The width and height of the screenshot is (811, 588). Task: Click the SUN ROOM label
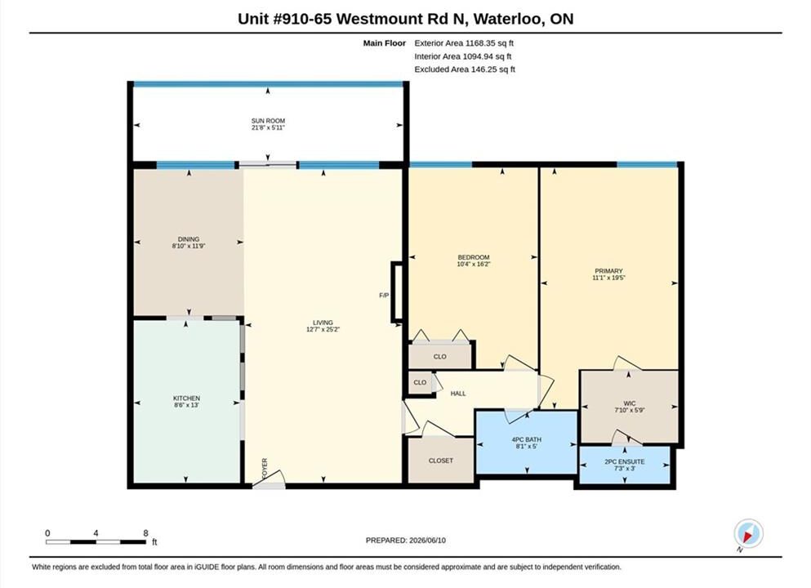268,121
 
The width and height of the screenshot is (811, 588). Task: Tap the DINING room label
189,239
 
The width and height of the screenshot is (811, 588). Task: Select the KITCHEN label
186,399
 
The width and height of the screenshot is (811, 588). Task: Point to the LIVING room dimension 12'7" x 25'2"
323,329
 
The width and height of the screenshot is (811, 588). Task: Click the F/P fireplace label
384,296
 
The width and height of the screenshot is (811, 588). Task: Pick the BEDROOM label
473,257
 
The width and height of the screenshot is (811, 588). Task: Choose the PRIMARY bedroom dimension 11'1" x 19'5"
608,278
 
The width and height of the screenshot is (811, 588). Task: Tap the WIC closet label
630,403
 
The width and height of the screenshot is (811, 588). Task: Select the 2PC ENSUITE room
624,465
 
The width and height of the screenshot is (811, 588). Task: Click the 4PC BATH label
526,439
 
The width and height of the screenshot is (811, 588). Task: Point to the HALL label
457,394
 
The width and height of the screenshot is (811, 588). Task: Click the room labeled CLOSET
441,461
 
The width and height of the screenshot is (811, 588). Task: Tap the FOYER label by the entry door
265,468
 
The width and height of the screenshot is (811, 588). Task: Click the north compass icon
748,533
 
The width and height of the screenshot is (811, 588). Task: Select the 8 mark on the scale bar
145,533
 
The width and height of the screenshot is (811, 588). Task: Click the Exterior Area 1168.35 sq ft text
464,43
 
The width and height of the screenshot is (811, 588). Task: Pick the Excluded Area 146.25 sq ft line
465,69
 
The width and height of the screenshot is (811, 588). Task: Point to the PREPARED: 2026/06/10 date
405,541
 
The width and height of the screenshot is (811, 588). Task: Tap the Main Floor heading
385,43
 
